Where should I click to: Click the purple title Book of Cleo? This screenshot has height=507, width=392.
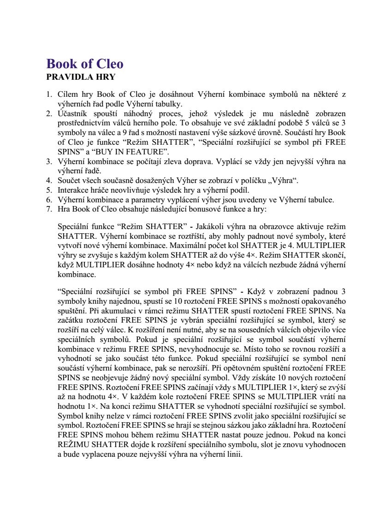(x=85, y=64)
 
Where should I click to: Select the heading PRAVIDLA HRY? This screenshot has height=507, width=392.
(x=81, y=77)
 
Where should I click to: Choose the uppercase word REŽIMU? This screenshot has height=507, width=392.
(x=74, y=446)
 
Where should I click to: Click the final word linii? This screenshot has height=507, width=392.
(x=233, y=455)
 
